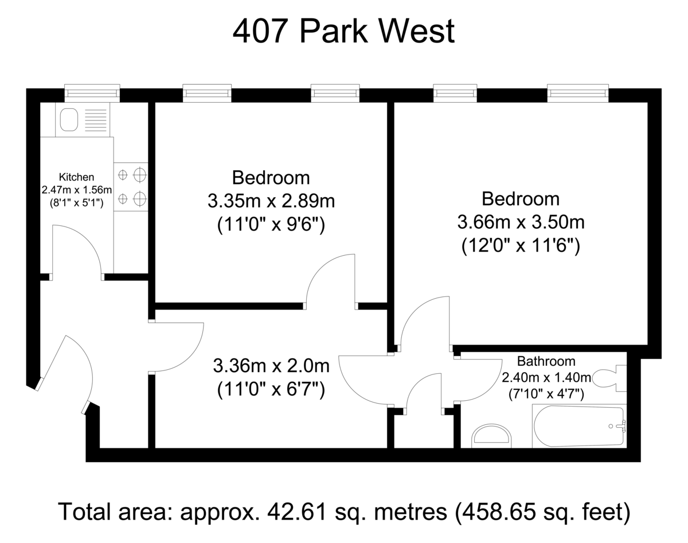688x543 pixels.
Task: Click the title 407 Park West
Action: [x=343, y=32]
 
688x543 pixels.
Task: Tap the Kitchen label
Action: [x=76, y=177]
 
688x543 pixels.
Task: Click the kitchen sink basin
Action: [x=69, y=120]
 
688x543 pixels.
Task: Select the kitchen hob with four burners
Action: [x=131, y=187]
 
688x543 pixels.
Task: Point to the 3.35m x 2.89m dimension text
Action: [x=271, y=201]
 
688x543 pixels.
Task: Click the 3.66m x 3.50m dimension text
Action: [x=521, y=222]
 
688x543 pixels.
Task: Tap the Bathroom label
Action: [x=546, y=361]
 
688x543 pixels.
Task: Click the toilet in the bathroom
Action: [x=609, y=378]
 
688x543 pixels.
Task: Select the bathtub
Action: [x=579, y=426]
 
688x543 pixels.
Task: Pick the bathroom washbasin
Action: [x=492, y=436]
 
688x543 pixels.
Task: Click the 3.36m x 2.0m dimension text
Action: [x=271, y=366]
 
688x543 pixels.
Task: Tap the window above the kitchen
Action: [x=92, y=93]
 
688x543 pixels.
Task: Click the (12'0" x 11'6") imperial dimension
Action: [x=521, y=246]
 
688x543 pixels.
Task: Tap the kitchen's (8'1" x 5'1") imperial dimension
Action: [x=76, y=203]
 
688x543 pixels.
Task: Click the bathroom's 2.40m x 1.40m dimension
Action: [x=546, y=378]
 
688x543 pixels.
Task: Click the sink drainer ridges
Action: [x=96, y=120]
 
